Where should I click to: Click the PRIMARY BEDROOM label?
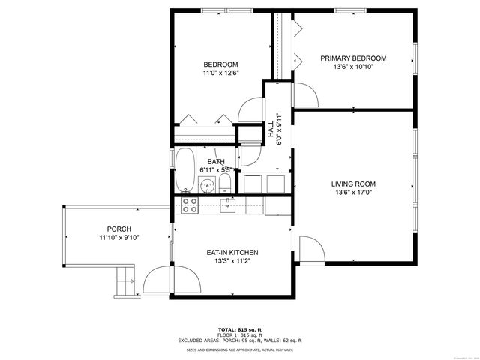(353, 58)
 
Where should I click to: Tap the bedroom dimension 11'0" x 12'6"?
(220, 73)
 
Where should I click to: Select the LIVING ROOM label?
(353, 184)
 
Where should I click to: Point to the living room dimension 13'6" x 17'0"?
(353, 193)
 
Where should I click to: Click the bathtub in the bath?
(185, 170)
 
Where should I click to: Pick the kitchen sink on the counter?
(228, 203)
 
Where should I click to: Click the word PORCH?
(119, 229)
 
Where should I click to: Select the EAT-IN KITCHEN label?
(233, 252)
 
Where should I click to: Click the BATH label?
(216, 162)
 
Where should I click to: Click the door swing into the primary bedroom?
(304, 93)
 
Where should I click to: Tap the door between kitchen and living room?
(310, 248)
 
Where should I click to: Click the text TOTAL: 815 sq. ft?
(239, 329)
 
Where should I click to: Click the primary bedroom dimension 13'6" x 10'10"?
(353, 67)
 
